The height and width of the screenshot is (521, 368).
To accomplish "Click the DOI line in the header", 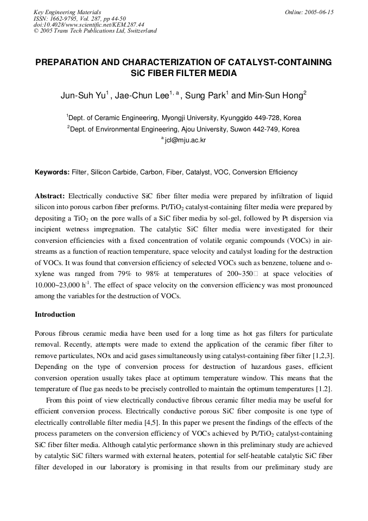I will (89, 24).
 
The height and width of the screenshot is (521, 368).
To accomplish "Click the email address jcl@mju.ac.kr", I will (186, 140).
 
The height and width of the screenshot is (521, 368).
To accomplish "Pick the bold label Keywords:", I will (52, 172).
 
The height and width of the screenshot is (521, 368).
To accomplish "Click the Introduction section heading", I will (55, 315).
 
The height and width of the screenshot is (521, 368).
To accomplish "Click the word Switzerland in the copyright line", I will (142, 30).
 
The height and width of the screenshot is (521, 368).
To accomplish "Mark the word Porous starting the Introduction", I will (46, 333).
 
